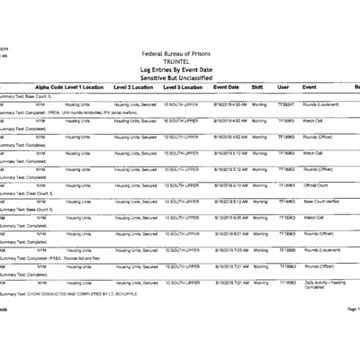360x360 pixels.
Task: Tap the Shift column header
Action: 257,87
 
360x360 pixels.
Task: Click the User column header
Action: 283,87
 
